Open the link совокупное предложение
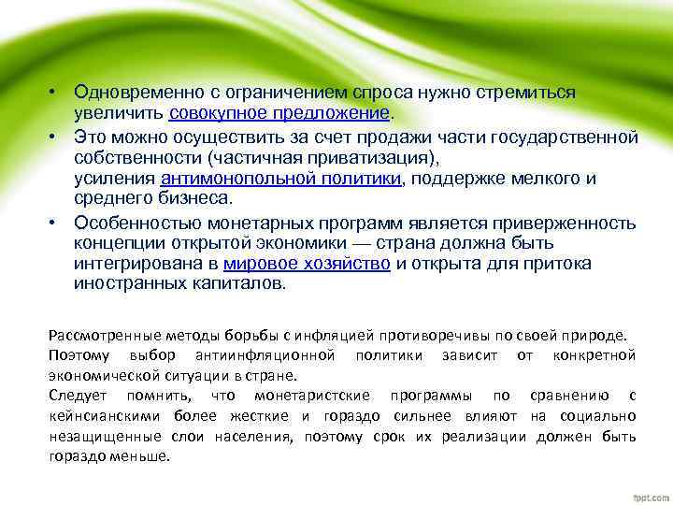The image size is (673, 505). [x=279, y=113]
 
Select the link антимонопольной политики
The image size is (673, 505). [x=281, y=179]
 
